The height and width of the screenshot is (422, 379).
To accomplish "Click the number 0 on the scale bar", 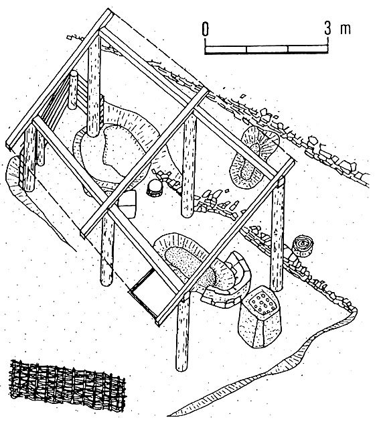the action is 205,29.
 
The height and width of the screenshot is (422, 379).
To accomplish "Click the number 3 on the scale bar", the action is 327,28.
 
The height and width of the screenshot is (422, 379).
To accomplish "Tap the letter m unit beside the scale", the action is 346,29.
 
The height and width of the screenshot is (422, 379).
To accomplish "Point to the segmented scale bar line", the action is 267,49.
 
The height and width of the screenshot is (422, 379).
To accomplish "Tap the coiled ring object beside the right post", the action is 303,245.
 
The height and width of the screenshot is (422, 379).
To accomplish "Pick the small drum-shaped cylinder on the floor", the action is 155,188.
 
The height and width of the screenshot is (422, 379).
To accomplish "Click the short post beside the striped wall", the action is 73,90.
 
